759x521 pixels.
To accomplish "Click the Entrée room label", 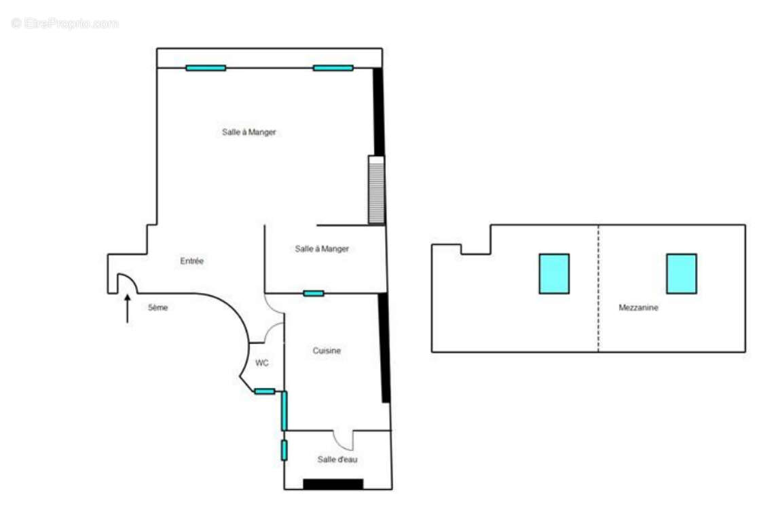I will pos(192,261).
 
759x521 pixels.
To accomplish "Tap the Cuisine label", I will pos(327,351).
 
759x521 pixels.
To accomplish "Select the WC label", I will pos(262,363).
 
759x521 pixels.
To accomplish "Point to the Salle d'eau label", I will pos(337,459).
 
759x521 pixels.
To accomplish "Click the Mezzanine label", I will pos(638,307).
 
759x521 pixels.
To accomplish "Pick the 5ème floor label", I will pos(158,307).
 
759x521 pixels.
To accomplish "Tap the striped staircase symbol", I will pos(376,190).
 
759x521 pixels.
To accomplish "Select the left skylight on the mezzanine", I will pos(554,273).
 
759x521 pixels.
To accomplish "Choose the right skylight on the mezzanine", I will pos(681,273).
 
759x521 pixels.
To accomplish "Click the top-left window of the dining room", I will pos(206,68).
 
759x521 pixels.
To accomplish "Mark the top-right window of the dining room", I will pos(333,68).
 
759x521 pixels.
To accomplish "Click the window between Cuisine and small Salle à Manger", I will pos(314,293).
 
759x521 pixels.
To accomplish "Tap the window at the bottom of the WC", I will pos(265,391).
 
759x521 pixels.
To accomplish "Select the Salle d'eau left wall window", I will pos(284,450).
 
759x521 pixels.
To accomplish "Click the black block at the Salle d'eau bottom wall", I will pos(333,484).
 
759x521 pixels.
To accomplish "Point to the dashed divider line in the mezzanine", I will pos(598,288).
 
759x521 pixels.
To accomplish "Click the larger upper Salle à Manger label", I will pos(249,132).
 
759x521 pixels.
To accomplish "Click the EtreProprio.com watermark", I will pos(65,23).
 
